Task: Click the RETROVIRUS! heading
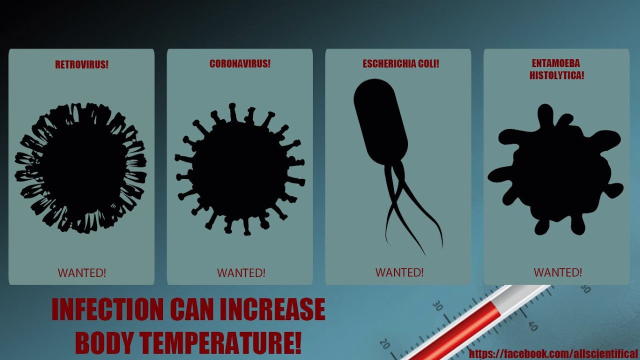pyautogui.click(x=81, y=64)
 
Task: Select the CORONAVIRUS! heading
pyautogui.click(x=240, y=64)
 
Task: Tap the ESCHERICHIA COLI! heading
pyautogui.click(x=401, y=64)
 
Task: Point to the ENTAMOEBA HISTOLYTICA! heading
pyautogui.click(x=556, y=69)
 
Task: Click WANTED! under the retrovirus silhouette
pyautogui.click(x=81, y=273)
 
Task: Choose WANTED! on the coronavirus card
pyautogui.click(x=241, y=273)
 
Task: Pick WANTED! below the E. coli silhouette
pyautogui.click(x=399, y=272)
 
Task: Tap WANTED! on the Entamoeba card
pyautogui.click(x=557, y=272)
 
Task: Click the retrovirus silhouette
pyautogui.click(x=80, y=168)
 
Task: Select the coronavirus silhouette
pyautogui.click(x=239, y=169)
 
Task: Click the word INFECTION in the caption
pyautogui.click(x=107, y=309)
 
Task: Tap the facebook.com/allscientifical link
pyautogui.click(x=553, y=354)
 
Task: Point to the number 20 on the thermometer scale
pyautogui.click(x=384, y=344)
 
